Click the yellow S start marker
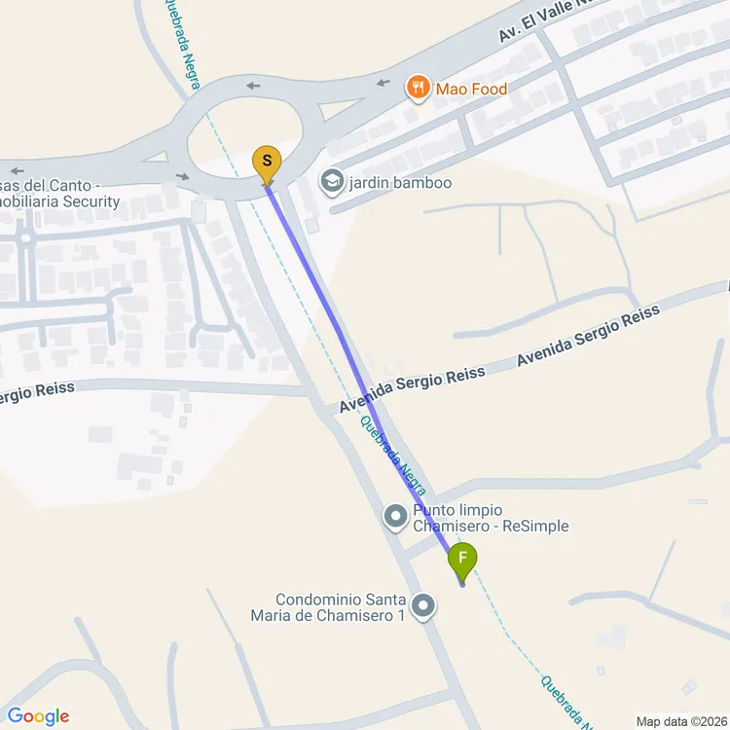(267, 163)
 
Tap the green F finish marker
(462, 560)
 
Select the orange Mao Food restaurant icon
(418, 89)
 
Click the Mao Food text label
(472, 90)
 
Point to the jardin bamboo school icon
(332, 182)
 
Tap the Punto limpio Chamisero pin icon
(395, 517)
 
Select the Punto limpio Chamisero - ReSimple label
(491, 518)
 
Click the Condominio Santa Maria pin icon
(423, 607)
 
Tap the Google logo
(37, 716)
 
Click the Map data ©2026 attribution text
(680, 721)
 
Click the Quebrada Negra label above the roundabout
(181, 44)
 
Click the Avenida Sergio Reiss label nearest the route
(413, 390)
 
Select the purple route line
(336, 321)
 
